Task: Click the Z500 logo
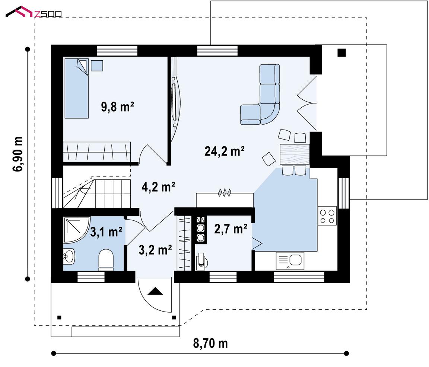point(34,12)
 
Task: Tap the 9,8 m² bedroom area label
point(117,106)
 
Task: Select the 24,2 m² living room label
point(224,151)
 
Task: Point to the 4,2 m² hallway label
point(158,187)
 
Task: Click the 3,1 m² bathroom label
point(106,232)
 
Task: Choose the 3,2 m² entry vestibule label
point(155,250)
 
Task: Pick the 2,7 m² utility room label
point(231,229)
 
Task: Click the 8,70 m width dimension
point(210,343)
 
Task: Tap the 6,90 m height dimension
point(18,154)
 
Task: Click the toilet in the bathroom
point(106,259)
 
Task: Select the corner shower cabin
point(76,230)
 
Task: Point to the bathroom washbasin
point(69,256)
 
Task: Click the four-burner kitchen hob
point(327,216)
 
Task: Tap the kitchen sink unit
point(290,261)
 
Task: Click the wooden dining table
point(295,154)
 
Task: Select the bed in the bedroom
point(77,88)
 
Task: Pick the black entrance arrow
point(155,291)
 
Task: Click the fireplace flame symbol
point(224,193)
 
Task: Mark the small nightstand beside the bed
point(97,66)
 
